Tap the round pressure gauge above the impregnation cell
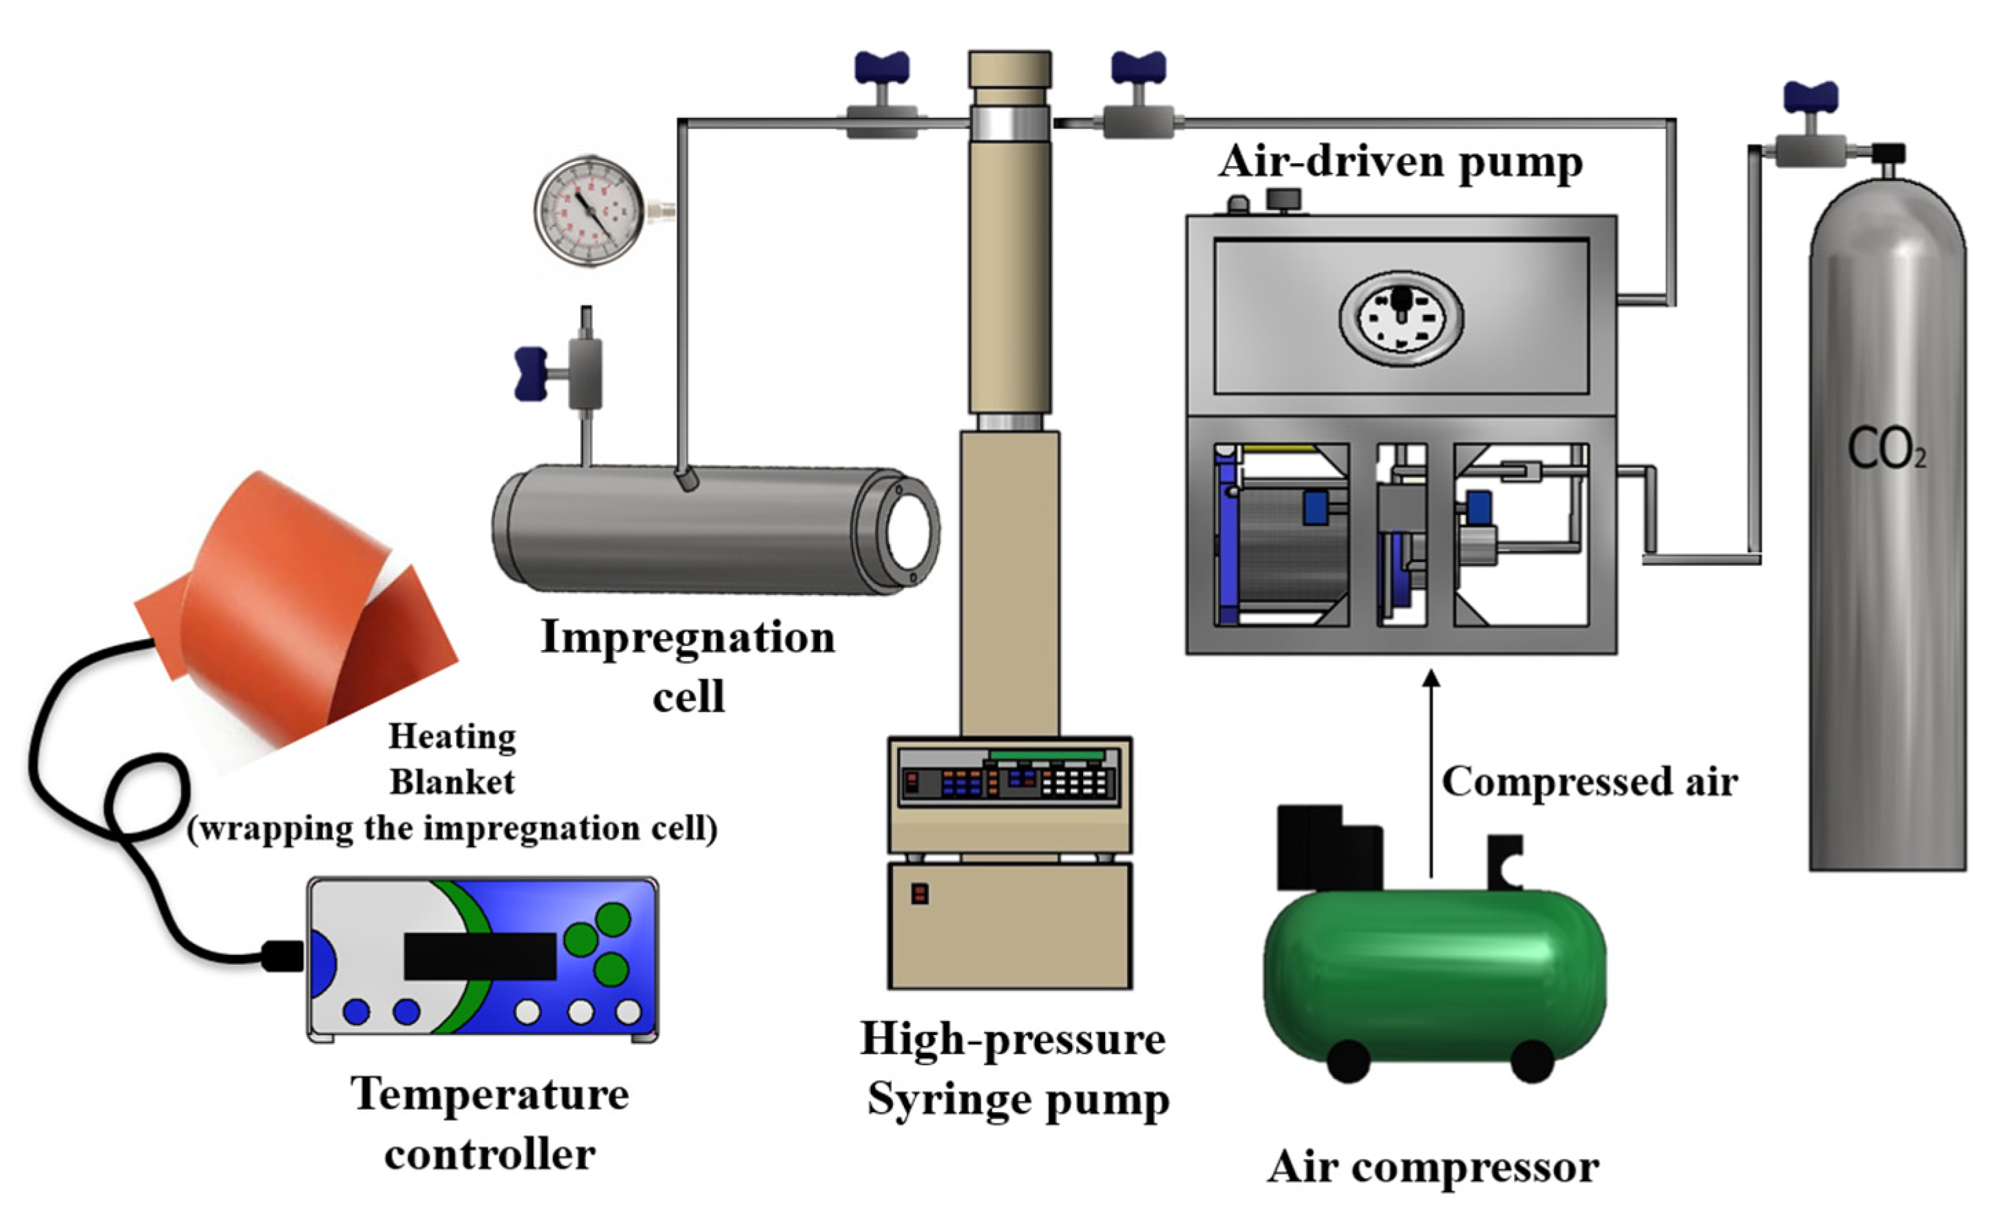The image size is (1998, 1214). click(589, 211)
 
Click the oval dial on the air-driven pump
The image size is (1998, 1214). click(1400, 317)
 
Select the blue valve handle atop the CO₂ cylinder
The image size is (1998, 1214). click(1810, 97)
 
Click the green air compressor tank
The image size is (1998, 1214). click(1433, 973)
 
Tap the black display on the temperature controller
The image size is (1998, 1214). click(479, 955)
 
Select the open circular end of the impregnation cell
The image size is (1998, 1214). click(907, 531)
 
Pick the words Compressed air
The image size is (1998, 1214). click(1589, 782)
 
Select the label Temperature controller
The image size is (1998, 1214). click(490, 1123)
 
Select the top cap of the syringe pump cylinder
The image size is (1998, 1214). click(1009, 70)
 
